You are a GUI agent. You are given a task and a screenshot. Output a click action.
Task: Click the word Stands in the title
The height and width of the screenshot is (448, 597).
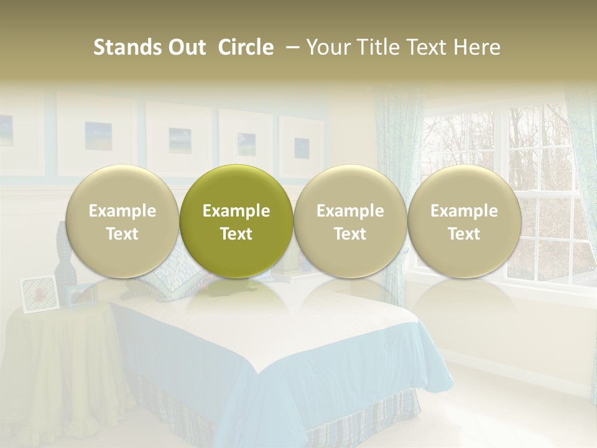pos(122,47)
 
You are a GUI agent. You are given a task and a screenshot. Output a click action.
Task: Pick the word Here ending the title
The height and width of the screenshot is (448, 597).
pos(478,47)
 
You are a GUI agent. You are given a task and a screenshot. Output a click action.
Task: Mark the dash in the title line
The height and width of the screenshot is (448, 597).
pos(290,47)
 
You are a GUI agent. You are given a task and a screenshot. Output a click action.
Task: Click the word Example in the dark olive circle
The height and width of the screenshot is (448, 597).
pos(236,211)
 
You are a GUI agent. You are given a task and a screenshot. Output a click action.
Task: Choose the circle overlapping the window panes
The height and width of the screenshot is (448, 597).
pos(465,222)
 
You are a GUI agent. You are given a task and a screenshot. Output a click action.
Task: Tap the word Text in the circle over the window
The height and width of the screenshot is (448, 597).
pos(465,234)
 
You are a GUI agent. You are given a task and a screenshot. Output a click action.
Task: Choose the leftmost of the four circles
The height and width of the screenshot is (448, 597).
pos(123,222)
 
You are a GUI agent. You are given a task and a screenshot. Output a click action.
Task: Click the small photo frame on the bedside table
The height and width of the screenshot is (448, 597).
pos(39,293)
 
